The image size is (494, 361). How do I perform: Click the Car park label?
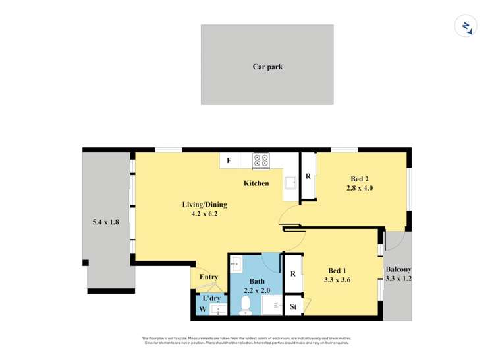coord(267,67)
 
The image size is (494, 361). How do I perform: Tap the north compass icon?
coord(466,26)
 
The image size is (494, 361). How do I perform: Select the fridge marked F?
coord(229,160)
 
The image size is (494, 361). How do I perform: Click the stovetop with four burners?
coord(261,160)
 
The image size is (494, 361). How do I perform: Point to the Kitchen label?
coord(256,183)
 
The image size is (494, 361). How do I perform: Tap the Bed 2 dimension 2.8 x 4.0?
coord(360,188)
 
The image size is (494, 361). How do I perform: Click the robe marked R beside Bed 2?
coord(308,176)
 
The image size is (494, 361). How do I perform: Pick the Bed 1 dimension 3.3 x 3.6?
coord(337,280)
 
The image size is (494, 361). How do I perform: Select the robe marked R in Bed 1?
coord(292,274)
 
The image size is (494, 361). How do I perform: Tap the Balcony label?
coord(398,269)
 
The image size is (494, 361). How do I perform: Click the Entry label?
coord(208,277)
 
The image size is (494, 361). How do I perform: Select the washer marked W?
coord(203,309)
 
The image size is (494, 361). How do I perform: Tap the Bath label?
coord(257,282)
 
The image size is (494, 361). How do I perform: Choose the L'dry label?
coord(211,298)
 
